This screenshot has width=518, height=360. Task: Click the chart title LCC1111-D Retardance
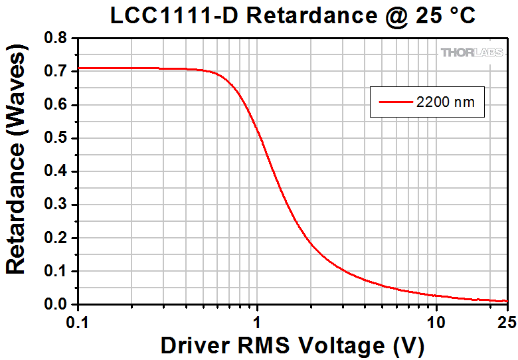(x=293, y=16)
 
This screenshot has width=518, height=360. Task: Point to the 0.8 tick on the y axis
(x=58, y=39)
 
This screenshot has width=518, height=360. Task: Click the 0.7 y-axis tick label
(x=58, y=72)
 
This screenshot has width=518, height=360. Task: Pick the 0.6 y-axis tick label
(x=58, y=105)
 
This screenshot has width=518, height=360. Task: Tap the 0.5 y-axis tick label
(x=58, y=138)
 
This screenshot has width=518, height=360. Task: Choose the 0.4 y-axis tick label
(x=58, y=171)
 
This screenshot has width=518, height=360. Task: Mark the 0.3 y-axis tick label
(x=58, y=205)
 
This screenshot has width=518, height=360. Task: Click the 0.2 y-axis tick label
(x=58, y=238)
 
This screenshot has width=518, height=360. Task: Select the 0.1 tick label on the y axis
(x=58, y=271)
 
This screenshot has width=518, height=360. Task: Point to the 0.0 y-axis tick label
(x=58, y=304)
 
